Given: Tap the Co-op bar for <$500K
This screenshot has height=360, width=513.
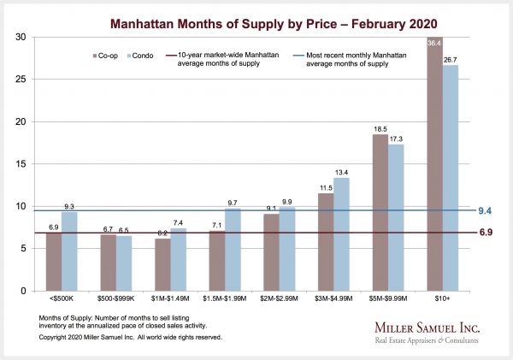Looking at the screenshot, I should [x=54, y=261].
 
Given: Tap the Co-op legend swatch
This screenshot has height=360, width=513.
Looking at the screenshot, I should [x=94, y=56].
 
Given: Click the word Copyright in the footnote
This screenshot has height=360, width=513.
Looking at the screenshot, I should [x=54, y=338].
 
